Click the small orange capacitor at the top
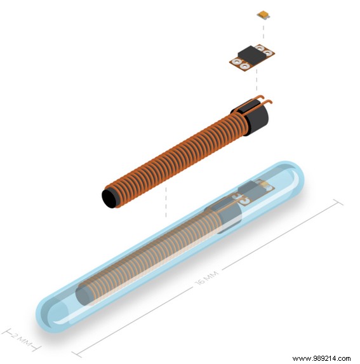coord(263,13)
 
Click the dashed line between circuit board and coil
coord(256,81)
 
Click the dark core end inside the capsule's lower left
coord(85,294)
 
